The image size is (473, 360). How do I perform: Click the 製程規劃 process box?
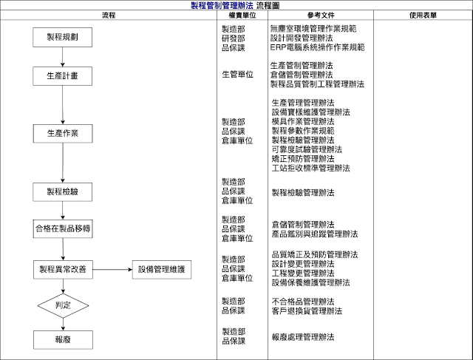click(63, 38)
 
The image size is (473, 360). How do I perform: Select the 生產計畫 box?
click(63, 76)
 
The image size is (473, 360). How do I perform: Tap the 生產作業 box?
click(63, 135)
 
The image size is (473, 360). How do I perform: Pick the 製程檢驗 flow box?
click(63, 191)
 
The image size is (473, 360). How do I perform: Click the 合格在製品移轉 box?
click(63, 228)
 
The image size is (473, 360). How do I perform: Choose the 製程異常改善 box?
click(63, 270)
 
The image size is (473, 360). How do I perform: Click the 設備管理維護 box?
click(161, 270)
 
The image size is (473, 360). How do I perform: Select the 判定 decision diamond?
click(63, 304)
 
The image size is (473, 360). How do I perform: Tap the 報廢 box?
click(63, 339)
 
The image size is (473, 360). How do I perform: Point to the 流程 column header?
click(109, 15)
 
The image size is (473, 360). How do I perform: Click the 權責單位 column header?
click(237, 15)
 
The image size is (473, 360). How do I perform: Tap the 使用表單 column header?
click(423, 15)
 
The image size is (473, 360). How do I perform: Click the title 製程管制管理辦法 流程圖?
click(236, 5)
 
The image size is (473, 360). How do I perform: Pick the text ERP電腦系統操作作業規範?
click(317, 47)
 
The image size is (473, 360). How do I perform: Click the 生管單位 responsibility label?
click(237, 75)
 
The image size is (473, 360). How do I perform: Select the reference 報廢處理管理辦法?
click(303, 336)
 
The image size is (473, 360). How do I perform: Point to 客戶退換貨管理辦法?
click(307, 311)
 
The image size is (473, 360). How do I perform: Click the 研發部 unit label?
click(234, 38)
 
